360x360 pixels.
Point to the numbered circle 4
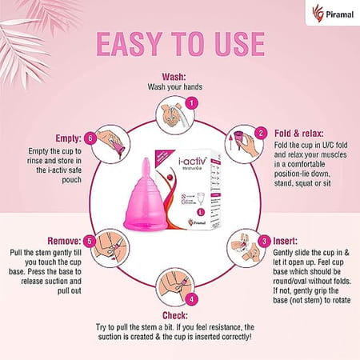coord(190,299)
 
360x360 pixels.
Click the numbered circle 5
coord(90,240)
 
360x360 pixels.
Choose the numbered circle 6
coord(90,137)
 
